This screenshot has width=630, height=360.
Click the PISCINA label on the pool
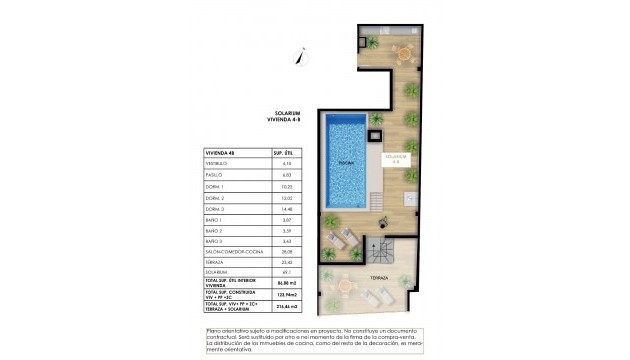pos(345,161)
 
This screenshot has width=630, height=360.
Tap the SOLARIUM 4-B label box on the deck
pos(396,158)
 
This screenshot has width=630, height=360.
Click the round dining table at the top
pos(405,52)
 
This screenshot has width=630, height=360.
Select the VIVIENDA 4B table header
pos(221,152)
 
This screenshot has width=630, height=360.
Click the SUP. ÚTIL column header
pos(287,152)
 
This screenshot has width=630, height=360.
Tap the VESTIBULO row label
pos(217,163)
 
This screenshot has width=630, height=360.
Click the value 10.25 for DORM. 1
pos(287,187)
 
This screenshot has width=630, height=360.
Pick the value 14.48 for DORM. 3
pos(287,209)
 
